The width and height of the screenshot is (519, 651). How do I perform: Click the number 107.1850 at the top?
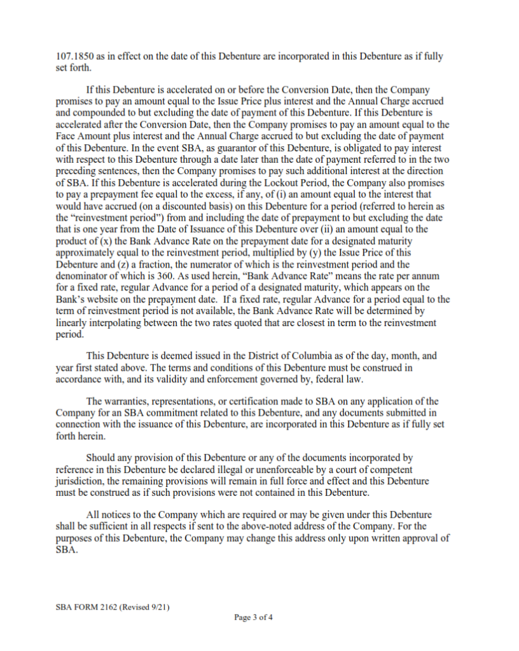click(x=73, y=57)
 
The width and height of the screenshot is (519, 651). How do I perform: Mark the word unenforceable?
click(x=277, y=469)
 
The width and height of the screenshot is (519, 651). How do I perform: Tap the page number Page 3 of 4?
click(x=253, y=617)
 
